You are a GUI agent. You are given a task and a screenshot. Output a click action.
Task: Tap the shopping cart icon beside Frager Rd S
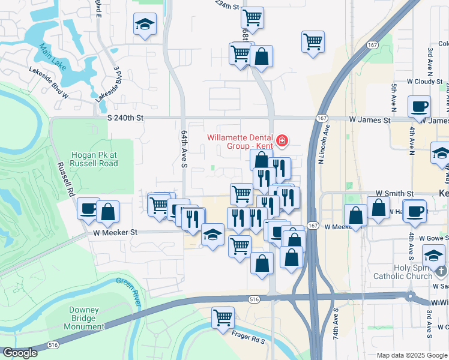click(x=223, y=317)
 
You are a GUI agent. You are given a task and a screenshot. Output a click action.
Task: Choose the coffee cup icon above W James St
click(x=419, y=107)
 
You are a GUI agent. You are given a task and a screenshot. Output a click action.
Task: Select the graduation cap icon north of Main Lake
click(x=144, y=25)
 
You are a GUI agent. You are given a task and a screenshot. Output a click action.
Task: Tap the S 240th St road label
click(x=126, y=119)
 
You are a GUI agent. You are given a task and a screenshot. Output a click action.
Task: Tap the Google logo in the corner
click(x=20, y=353)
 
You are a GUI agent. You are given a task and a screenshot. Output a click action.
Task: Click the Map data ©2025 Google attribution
click(x=412, y=355)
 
